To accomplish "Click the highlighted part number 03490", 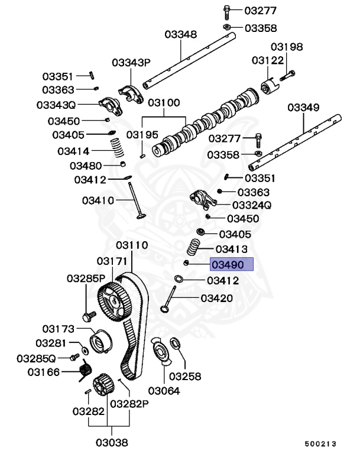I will click(232, 264).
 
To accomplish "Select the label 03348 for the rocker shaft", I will click(180, 35).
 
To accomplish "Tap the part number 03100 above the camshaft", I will click(164, 102).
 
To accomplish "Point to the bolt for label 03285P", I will click(89, 316).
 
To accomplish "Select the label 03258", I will click(185, 376).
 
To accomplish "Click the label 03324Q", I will click(251, 205).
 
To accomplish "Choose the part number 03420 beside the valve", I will click(217, 299).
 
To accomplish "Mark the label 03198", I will click(287, 47).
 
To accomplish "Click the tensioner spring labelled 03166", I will click(85, 372).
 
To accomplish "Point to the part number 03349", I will click(304, 108).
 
